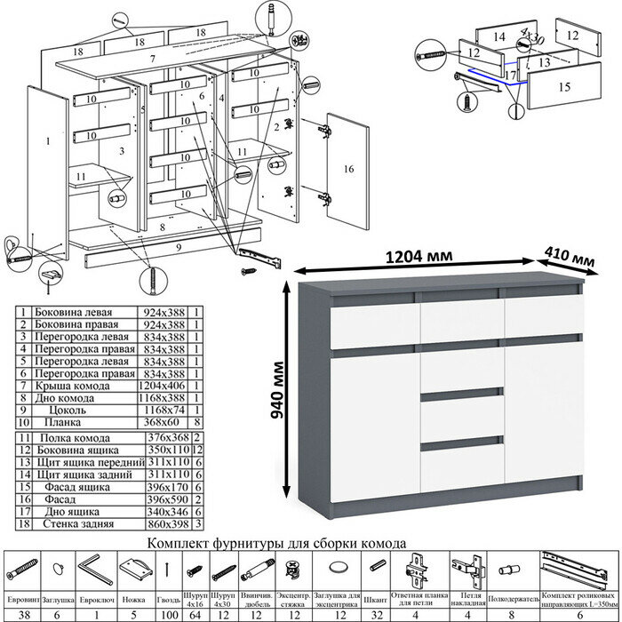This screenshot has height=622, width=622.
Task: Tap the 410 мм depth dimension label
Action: coord(570,259)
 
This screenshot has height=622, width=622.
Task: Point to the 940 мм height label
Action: coord(278,391)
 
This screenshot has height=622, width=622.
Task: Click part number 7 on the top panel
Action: coord(153,59)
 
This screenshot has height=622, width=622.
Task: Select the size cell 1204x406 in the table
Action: coord(163,387)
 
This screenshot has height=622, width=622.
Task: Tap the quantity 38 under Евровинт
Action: coord(28,612)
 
